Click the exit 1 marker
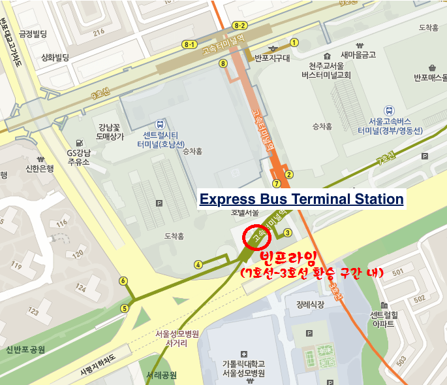[x=294, y=42]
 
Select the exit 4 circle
[x=198, y=264]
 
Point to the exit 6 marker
[x=123, y=281]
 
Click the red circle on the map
[x=253, y=239]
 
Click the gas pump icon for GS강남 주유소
[x=80, y=142]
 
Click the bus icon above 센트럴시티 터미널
[x=160, y=124]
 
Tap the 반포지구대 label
[x=272, y=58]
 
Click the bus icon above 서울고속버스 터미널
[x=390, y=111]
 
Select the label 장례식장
[x=309, y=304]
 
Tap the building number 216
[x=99, y=31]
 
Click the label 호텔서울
[x=245, y=213]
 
